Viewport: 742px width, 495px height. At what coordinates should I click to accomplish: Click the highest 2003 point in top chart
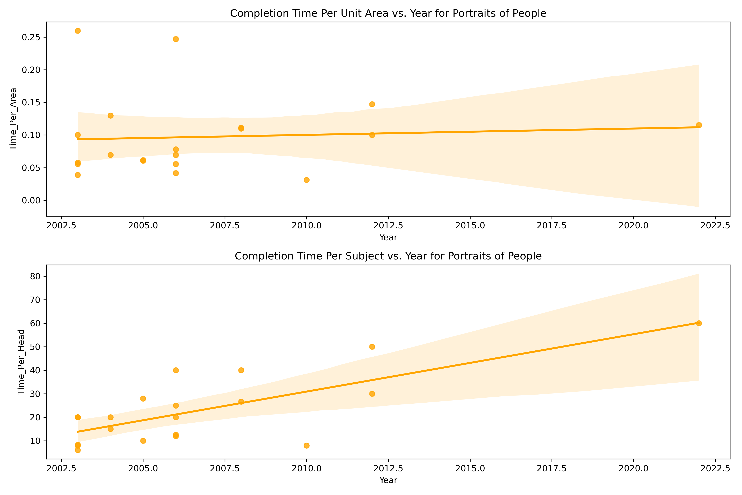78,31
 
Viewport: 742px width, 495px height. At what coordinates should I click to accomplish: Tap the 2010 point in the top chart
306,180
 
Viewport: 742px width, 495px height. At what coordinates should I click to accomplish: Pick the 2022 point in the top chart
699,125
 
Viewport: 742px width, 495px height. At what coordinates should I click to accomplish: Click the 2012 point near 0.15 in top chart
372,104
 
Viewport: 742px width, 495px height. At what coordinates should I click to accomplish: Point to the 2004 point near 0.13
110,115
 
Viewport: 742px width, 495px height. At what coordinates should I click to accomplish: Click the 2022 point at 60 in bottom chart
699,323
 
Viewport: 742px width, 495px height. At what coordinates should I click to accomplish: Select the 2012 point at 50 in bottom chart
372,347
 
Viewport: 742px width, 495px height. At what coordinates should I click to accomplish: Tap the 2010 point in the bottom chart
306,445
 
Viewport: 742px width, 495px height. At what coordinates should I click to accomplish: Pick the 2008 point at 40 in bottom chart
241,370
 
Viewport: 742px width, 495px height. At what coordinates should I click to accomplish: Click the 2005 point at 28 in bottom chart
143,398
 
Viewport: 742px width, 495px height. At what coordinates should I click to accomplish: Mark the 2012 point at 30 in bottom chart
372,394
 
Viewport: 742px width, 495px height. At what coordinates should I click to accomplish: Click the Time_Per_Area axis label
13,119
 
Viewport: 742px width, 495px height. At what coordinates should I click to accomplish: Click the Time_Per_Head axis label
21,362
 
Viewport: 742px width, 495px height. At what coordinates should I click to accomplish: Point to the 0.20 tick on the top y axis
32,70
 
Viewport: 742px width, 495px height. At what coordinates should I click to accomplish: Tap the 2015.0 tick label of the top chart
470,225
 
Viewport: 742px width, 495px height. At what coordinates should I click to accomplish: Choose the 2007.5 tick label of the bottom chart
225,468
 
